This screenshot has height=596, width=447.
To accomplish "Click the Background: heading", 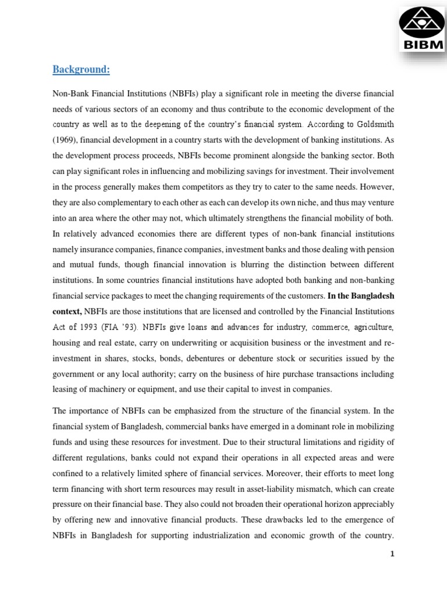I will [x=81, y=70].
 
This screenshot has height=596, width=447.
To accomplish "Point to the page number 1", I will [x=393, y=554].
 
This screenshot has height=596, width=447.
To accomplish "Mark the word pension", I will [x=381, y=249].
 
